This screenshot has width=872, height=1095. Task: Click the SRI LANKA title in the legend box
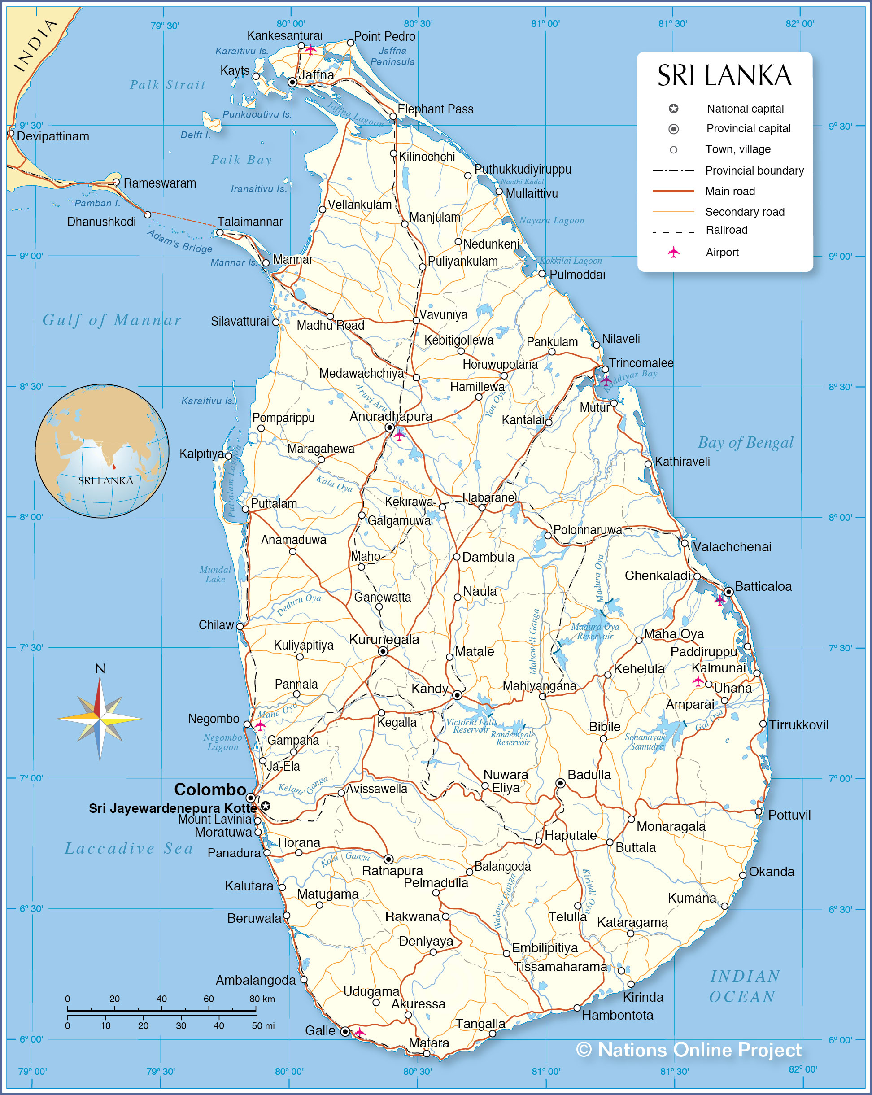tap(724, 76)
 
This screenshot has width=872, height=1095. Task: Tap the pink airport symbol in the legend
tap(673, 252)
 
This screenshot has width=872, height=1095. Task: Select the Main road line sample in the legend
tap(673, 191)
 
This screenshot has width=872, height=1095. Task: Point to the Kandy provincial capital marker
tap(457, 695)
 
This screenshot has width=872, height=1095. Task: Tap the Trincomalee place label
tap(641, 363)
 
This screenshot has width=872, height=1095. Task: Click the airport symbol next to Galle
tap(360, 1033)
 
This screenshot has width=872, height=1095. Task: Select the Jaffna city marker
tap(292, 82)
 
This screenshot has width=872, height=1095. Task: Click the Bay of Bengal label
tap(745, 442)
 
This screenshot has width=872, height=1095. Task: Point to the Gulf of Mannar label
tap(112, 320)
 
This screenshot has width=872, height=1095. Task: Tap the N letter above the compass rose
tap(100, 668)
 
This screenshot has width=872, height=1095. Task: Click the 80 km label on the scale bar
tap(262, 999)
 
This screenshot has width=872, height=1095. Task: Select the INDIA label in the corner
tap(35, 46)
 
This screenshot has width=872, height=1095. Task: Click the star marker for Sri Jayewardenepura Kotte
tap(265, 806)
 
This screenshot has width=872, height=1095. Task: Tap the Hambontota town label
tap(617, 1015)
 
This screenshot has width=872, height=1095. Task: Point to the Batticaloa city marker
tap(728, 592)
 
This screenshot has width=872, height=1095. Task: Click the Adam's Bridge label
tap(179, 241)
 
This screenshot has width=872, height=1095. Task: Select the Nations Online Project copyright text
tap(689, 1049)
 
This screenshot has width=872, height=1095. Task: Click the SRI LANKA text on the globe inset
tap(105, 480)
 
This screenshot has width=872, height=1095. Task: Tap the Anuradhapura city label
tap(391, 416)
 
